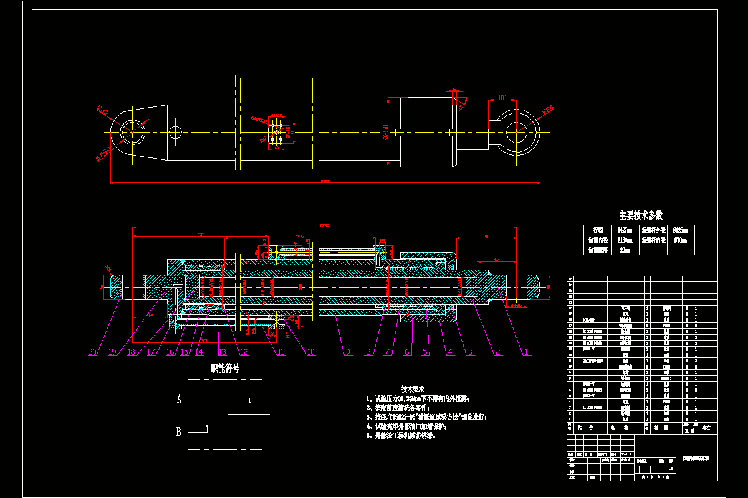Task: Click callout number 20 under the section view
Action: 93,352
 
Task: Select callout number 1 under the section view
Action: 527,352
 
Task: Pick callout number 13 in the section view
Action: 222,352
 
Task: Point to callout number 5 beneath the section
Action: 427,352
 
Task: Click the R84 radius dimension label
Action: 548,110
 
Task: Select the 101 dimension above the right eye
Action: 503,97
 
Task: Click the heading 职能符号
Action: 225,369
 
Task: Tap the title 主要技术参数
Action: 640,215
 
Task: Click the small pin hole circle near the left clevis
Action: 175,132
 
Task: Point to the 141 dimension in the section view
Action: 497,259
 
